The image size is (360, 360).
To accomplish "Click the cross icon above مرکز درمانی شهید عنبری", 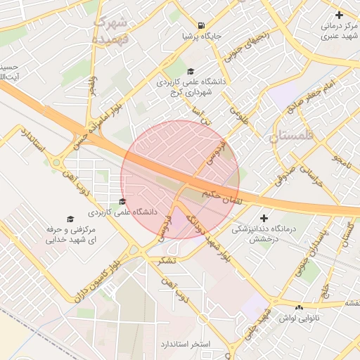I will tap(340, 15).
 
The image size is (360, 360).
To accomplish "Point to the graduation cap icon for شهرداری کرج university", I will tap(191, 71).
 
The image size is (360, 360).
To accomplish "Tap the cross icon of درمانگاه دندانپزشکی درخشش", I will tap(264, 218).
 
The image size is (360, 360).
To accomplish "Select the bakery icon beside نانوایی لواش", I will tap(300, 307).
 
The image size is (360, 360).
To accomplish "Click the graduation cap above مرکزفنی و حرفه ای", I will tap(70, 219).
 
